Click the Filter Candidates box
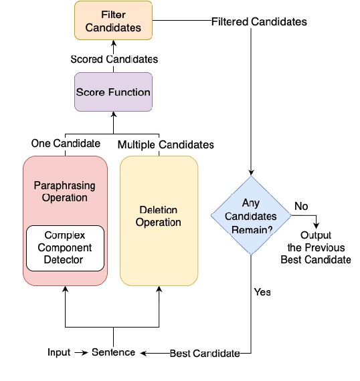(113, 21)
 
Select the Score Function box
(113, 92)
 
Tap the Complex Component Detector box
(65, 248)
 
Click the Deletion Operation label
(159, 216)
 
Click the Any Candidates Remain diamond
(250, 215)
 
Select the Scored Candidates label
(114, 59)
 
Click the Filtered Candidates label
(259, 22)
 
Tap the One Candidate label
(66, 144)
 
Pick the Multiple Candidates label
(166, 144)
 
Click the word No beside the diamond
(301, 207)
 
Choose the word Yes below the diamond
(262, 292)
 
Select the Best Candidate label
(204, 353)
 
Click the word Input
(59, 352)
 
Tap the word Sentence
(113, 352)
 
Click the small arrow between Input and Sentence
(80, 352)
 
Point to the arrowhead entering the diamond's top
(250, 172)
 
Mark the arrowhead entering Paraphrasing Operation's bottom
(65, 291)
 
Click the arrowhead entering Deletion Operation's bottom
(159, 291)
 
